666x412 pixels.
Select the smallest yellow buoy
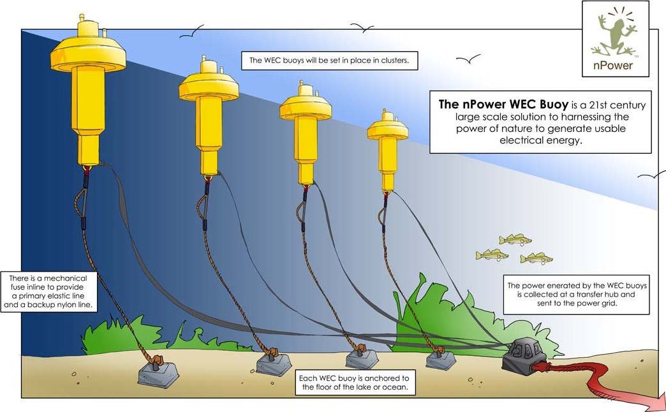click(x=387, y=143)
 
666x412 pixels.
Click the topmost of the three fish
click(x=515, y=240)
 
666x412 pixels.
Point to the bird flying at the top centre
click(x=362, y=27)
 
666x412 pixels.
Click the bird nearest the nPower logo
click(x=468, y=59)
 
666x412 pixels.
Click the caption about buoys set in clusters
click(x=329, y=61)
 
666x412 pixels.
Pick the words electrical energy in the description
click(x=540, y=142)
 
